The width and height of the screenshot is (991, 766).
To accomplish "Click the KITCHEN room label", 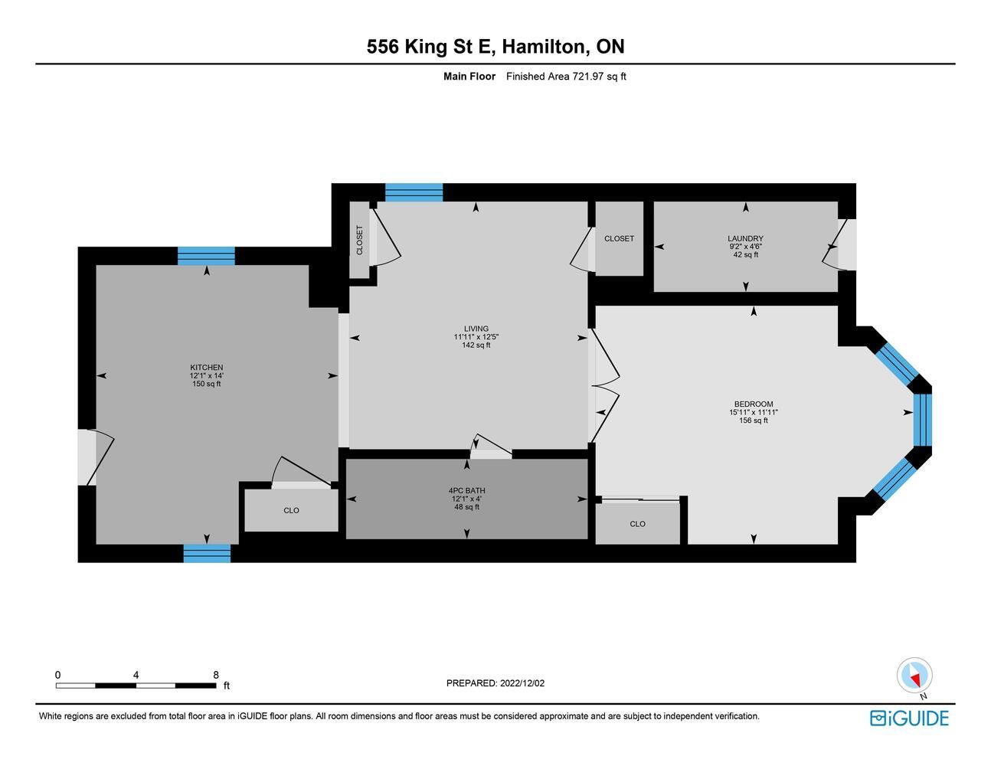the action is (207, 368).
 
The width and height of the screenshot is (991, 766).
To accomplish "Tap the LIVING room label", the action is (476, 329).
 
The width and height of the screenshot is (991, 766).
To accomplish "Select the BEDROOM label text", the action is (754, 404).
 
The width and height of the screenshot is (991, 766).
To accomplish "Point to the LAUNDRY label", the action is (745, 238).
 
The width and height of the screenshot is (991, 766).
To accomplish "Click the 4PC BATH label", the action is (466, 490).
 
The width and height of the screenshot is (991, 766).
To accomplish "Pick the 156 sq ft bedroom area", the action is (754, 421).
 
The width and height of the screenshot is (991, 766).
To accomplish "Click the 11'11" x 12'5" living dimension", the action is (476, 337).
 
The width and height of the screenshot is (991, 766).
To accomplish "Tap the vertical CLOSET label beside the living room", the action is (359, 241).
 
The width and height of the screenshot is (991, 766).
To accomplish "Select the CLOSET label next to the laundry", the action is (619, 238).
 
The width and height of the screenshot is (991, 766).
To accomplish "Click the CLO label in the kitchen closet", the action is (291, 510).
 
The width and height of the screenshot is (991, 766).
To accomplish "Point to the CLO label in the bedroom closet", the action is (637, 524).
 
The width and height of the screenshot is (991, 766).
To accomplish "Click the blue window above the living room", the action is (414, 192).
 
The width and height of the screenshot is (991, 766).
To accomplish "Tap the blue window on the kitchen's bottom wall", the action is (207, 554).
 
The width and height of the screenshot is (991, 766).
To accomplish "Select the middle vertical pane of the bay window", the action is (922, 420).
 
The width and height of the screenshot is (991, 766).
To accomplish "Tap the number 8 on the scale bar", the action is (216, 675).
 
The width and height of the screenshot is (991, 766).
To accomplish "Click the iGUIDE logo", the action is (909, 719).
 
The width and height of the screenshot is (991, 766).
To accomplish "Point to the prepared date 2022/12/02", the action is (522, 683).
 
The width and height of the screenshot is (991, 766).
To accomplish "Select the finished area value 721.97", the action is (588, 77).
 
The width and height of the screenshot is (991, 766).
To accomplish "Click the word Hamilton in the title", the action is (544, 47).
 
